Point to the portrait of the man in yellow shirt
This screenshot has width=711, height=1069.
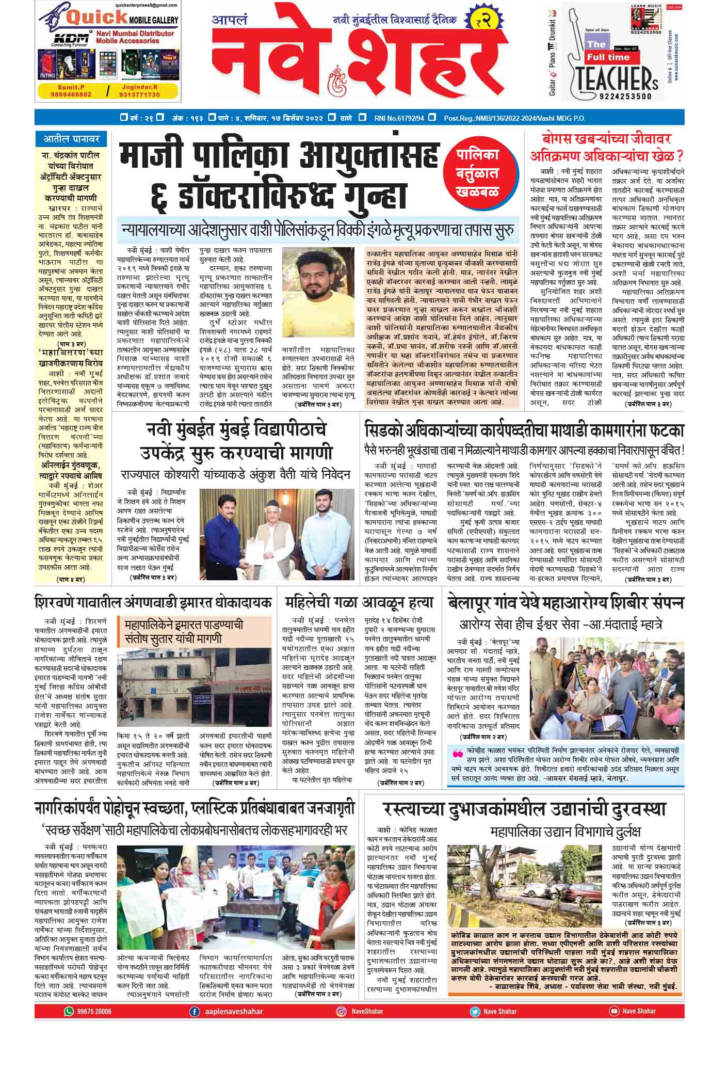pos(315,292)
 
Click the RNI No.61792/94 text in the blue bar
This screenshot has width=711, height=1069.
pos(399,118)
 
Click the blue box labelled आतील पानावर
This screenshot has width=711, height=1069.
pos(71,138)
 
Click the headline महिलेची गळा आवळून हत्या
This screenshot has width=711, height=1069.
pos(359,602)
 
